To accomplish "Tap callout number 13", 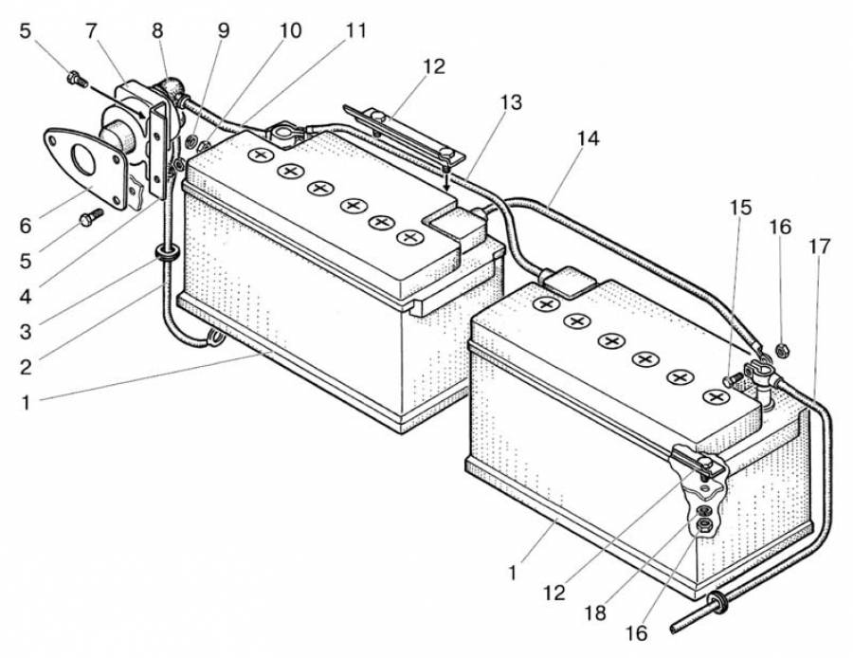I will coord(511,102).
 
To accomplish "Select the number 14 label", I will coord(588,138).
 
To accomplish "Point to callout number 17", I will coord(820,247).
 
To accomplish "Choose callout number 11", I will coord(355,29).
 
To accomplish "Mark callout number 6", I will coord(25,225).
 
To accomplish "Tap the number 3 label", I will coord(25,332).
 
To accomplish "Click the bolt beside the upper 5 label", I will coord(74,79).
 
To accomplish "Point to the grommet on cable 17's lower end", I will coord(717,600).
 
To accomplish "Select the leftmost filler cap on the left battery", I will coord(258,155).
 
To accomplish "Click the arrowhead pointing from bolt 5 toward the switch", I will coord(143,115).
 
